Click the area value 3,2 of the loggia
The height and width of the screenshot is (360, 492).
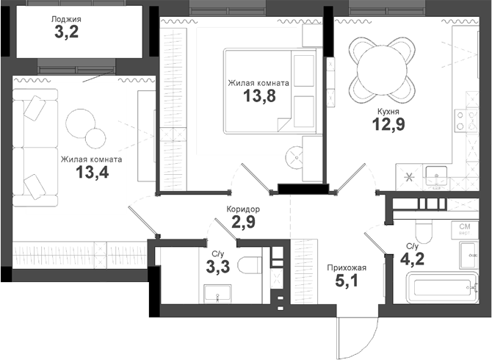coord(68,32)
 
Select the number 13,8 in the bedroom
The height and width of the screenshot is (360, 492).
coord(258,97)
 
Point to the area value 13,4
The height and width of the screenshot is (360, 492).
coord(91,172)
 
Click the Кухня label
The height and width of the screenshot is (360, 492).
coord(389,110)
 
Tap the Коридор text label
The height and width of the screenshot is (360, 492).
coord(243,209)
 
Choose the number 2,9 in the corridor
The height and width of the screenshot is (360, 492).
coord(244,223)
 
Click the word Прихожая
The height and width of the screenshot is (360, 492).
coord(347,267)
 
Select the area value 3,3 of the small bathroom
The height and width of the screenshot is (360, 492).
coord(218,266)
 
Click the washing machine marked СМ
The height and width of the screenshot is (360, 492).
coord(465,228)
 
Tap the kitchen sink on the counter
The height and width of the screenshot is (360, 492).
coord(441,177)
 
